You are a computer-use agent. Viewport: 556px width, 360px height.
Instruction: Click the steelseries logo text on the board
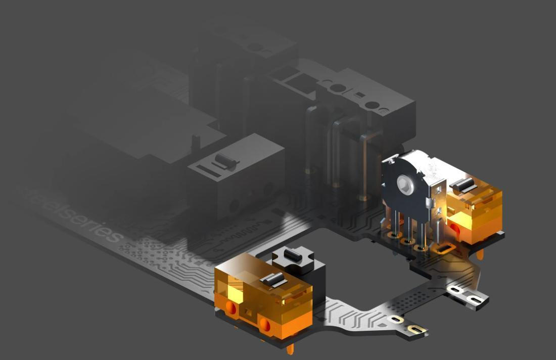click(x=74, y=213)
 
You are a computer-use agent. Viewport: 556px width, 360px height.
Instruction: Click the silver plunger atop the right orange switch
click(x=464, y=185)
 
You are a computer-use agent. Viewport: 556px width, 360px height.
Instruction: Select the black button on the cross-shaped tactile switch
click(x=293, y=254)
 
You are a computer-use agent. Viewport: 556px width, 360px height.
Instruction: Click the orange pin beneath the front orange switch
click(x=291, y=349)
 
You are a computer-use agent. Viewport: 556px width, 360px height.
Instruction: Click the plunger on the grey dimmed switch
click(x=225, y=160)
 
